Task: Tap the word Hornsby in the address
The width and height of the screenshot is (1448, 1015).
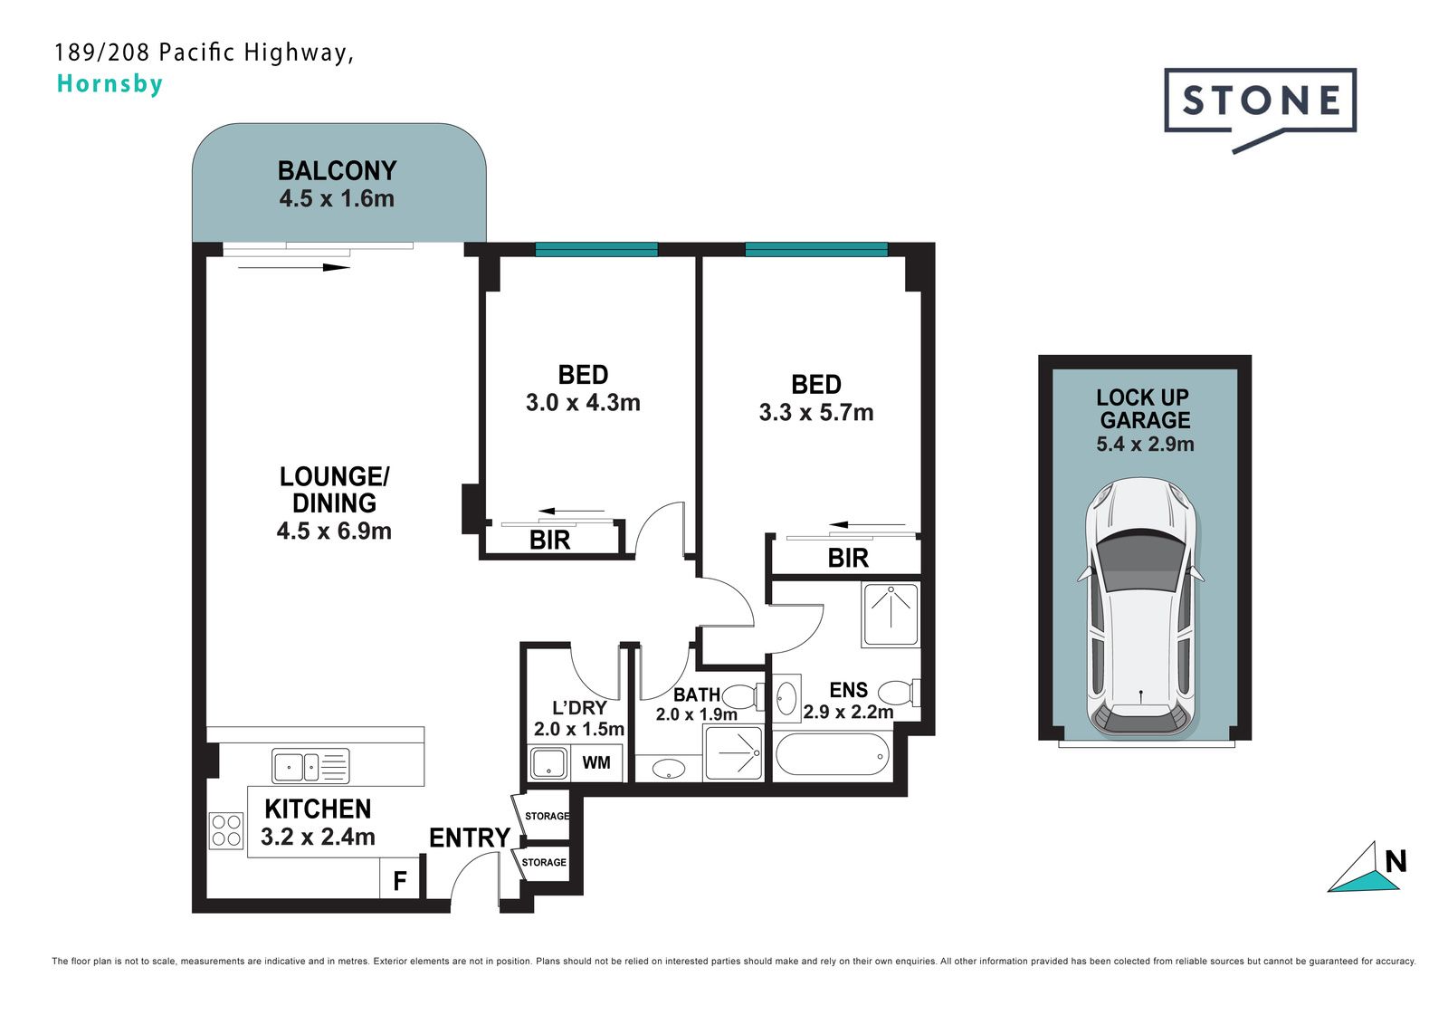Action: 110,84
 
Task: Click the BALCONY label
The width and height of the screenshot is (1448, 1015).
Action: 337,171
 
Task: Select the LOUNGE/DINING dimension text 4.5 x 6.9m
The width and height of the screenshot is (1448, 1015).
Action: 334,531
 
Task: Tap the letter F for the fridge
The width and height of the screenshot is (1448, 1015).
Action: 400,880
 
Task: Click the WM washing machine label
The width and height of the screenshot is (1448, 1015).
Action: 596,762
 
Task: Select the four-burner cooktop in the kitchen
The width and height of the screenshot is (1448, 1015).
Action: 226,830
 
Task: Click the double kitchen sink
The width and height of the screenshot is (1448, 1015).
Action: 310,767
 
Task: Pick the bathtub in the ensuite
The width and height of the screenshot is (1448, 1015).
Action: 832,754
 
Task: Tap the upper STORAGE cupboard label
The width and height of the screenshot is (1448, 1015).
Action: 547,816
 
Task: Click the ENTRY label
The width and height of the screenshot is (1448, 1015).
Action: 470,838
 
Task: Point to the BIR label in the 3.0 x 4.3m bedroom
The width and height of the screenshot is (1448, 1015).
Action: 549,541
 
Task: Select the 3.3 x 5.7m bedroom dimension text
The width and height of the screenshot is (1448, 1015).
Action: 815,413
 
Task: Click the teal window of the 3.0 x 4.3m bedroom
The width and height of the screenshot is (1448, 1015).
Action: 596,249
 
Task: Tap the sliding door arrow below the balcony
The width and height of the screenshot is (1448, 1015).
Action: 294,267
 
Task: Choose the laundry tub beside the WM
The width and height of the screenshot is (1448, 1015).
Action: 548,763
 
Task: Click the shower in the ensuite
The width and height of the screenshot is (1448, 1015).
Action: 891,615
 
